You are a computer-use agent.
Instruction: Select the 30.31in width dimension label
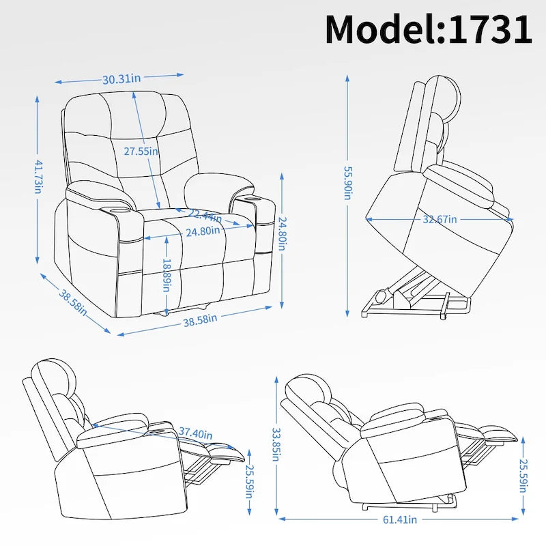(121, 78)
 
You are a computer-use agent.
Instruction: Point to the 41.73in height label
(38, 177)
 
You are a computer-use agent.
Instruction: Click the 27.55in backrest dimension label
(141, 151)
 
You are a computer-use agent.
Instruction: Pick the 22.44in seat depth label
(205, 216)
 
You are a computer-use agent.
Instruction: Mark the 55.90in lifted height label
(347, 182)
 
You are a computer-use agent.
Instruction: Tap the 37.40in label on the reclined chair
(195, 433)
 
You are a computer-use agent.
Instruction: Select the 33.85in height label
(276, 444)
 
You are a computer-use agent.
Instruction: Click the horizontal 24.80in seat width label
(203, 231)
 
